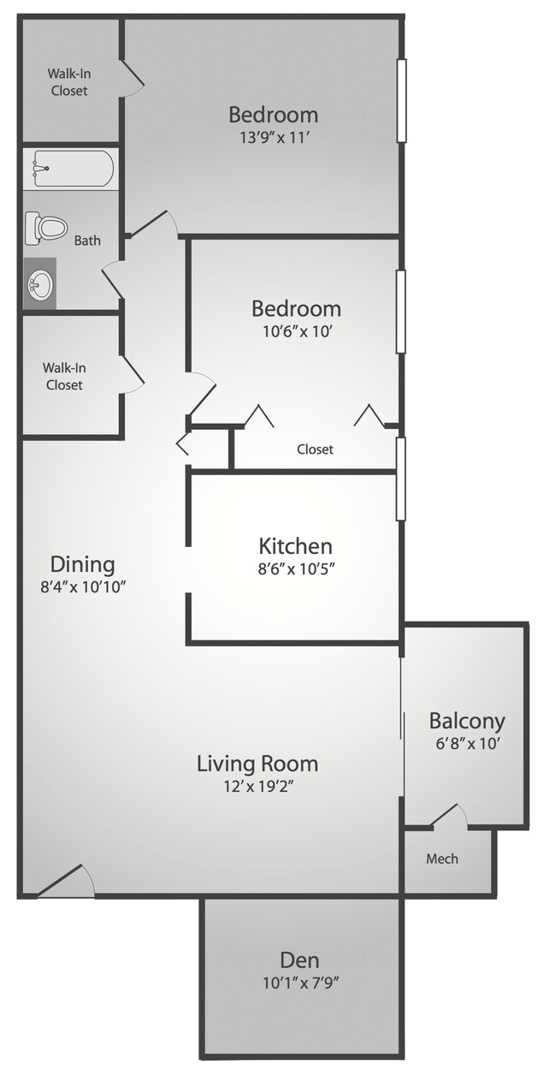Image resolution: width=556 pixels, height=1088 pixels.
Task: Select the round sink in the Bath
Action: click(39, 282)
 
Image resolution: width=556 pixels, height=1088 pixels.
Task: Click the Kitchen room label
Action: click(295, 545)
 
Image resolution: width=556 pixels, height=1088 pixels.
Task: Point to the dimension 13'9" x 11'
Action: click(273, 136)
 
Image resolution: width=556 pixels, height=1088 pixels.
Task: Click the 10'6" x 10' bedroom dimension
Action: click(295, 330)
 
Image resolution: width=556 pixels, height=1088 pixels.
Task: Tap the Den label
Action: click(299, 960)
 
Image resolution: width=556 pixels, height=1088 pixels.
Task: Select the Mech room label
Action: click(442, 859)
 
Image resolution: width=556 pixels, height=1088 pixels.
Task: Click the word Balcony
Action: click(466, 721)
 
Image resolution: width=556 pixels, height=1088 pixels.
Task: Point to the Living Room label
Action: click(257, 763)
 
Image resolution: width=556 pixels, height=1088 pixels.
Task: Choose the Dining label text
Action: click(82, 564)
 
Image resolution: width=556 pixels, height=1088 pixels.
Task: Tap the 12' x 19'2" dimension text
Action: click(257, 785)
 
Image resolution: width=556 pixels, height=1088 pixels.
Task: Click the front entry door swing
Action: click(68, 882)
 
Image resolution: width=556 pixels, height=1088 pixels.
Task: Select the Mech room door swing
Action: click(449, 816)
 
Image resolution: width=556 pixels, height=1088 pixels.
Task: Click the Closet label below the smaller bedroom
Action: click(315, 449)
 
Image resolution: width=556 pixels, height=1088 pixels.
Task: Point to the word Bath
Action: click(87, 241)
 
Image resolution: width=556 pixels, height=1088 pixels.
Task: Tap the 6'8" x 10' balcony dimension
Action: click(466, 743)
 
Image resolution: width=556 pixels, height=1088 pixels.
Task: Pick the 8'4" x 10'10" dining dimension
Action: click(82, 586)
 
